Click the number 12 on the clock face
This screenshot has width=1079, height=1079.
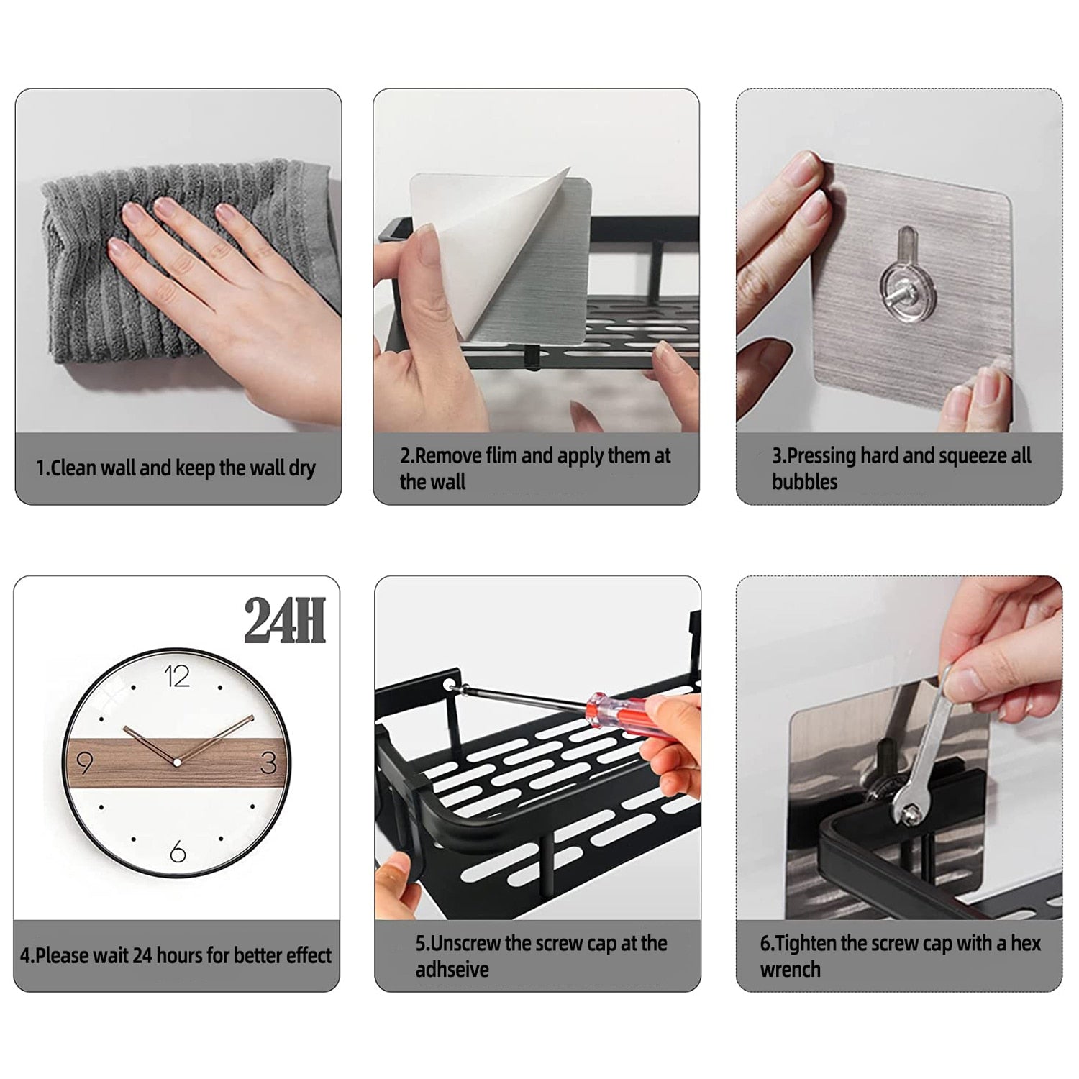[177, 676]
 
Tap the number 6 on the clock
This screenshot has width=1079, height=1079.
[177, 852]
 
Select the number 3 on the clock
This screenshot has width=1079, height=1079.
[268, 762]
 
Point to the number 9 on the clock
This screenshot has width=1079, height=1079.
[84, 762]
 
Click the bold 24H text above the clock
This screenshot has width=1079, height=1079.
[284, 620]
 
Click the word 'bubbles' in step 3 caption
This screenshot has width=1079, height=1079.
[805, 481]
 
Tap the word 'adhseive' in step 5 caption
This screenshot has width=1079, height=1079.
[452, 969]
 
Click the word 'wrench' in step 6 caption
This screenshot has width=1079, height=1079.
[790, 969]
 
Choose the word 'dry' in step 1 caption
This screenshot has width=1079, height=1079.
[302, 468]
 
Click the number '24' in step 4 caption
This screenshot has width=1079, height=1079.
[142, 955]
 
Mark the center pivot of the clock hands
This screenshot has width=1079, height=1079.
[176, 761]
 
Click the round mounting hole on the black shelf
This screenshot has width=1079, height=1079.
[450, 679]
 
